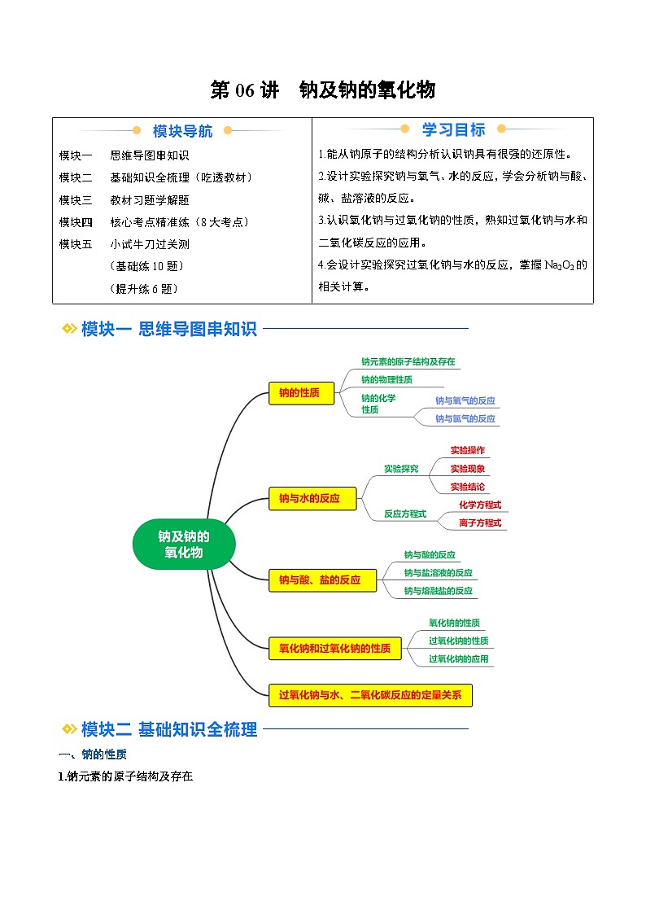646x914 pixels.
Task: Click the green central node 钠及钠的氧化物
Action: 183,544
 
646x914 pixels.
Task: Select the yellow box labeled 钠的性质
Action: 301,393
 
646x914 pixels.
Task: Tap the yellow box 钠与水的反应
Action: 312,498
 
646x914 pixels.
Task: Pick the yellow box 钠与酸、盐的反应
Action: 322,580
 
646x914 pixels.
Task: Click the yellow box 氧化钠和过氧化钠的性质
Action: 334,648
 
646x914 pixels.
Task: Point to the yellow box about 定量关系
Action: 370,695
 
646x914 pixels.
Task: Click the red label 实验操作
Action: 467,450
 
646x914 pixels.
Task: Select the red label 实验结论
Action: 467,487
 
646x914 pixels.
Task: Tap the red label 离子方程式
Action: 480,523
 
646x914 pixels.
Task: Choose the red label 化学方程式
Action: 480,505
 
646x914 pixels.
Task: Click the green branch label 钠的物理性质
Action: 386,379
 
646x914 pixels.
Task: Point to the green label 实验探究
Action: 401,469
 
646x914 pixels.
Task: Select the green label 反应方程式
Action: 405,514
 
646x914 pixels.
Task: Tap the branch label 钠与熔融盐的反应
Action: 438,591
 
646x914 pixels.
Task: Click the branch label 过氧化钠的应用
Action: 458,658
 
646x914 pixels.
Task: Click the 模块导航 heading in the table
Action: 183,131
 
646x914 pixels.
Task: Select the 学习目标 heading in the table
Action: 453,130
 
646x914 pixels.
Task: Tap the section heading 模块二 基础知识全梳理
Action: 169,729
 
